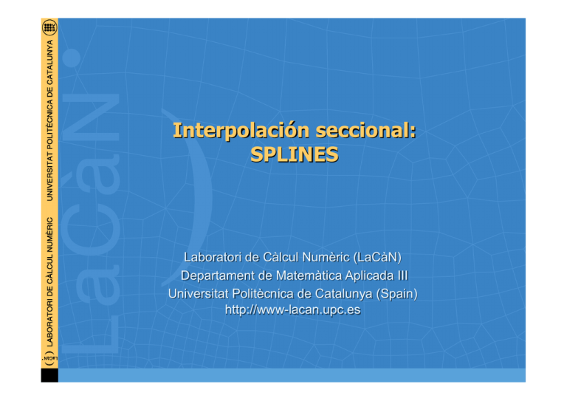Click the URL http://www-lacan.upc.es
[x=292, y=309]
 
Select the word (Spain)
[x=394, y=293]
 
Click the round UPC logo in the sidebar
[x=49, y=28]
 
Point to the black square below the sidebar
[x=49, y=374]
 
